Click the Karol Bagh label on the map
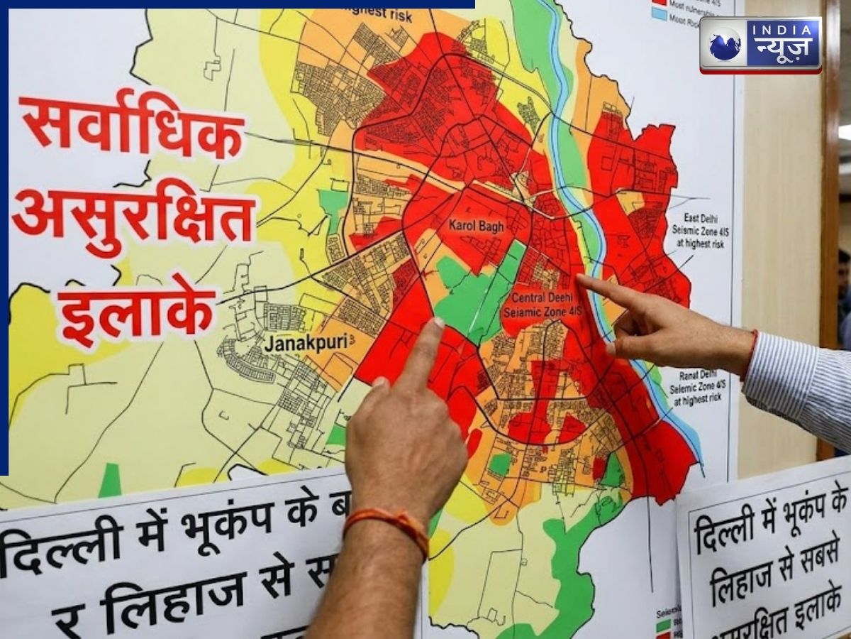[x=477, y=226]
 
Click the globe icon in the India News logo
[x=725, y=44]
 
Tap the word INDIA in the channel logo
[x=782, y=30]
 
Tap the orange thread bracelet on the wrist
[x=386, y=526]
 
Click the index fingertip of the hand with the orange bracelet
[x=434, y=326]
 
